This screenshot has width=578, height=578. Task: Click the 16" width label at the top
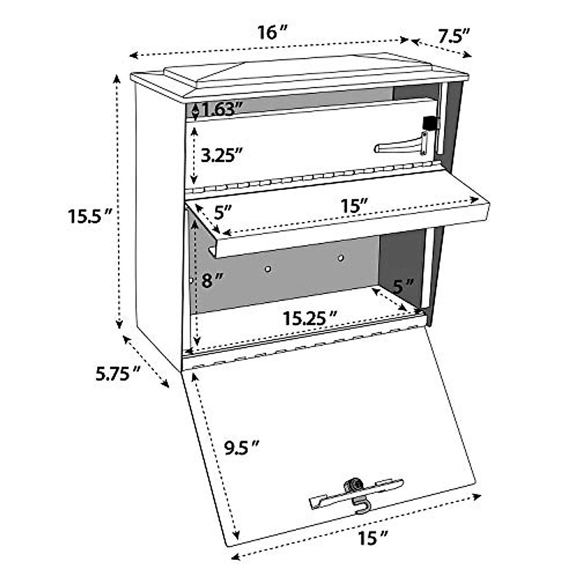click(272, 33)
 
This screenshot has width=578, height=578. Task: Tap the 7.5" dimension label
click(453, 37)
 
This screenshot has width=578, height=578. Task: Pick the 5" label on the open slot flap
click(223, 211)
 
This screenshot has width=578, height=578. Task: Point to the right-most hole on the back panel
click(341, 259)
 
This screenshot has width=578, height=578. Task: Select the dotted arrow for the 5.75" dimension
click(146, 361)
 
